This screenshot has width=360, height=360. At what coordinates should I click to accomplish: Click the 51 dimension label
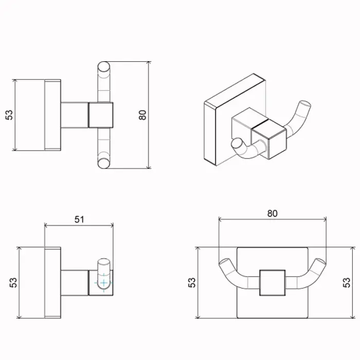point(79,219)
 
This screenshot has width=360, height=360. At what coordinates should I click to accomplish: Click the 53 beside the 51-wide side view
point(14,282)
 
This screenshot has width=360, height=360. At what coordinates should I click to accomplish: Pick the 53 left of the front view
point(192,282)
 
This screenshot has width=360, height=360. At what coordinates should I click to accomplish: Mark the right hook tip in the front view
point(321,264)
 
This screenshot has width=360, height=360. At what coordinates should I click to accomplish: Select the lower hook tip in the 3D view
point(237,145)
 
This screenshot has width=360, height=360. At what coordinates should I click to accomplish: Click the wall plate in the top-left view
point(53,115)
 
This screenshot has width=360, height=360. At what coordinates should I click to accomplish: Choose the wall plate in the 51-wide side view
point(53,282)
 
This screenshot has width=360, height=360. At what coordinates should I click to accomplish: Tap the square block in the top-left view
point(101,115)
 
